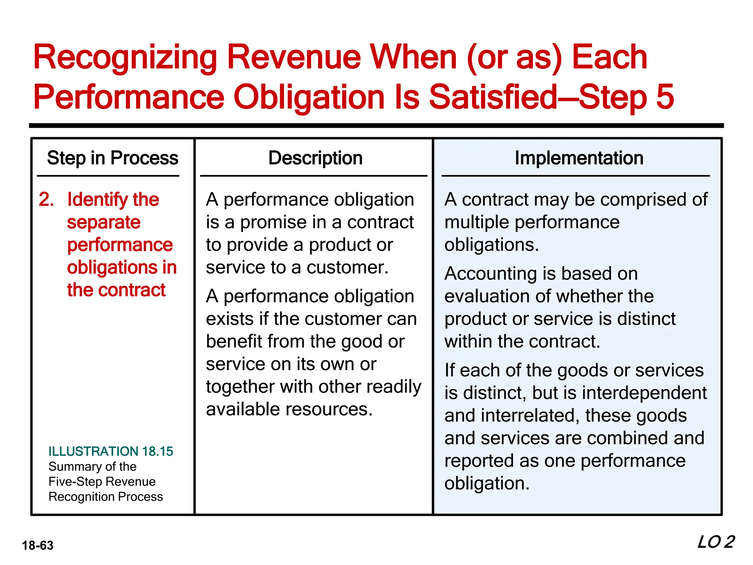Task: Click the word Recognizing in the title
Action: [125, 58]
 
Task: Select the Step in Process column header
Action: [113, 158]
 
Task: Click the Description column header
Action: [315, 158]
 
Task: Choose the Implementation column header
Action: [579, 158]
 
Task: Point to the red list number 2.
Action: [46, 200]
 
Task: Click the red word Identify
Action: [97, 200]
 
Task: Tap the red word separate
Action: [104, 223]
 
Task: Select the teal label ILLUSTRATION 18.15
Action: [111, 451]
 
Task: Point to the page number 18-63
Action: [38, 545]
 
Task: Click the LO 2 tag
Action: [715, 542]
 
